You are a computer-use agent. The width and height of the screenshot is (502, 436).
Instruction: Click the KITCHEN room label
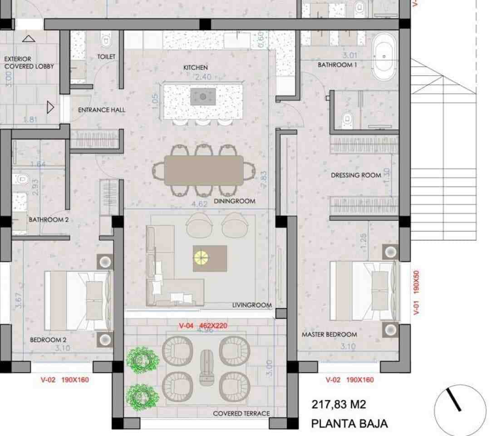[196, 68]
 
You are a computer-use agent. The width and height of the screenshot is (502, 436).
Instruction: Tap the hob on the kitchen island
[200, 96]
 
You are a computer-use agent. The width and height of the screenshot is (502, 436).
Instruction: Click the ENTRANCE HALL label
[102, 110]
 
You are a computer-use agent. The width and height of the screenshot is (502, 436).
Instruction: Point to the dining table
[204, 170]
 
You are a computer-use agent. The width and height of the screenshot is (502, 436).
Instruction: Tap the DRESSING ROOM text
[356, 175]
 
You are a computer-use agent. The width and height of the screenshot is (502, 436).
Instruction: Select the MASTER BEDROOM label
[329, 335]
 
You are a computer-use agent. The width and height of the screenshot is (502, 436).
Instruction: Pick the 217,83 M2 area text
[339, 404]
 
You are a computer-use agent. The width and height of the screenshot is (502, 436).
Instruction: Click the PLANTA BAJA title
[349, 424]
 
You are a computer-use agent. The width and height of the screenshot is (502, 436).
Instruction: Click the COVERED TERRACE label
[241, 413]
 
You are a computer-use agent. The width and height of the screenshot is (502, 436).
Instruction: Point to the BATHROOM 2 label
[49, 220]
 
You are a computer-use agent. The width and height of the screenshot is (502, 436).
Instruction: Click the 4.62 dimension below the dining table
[199, 204]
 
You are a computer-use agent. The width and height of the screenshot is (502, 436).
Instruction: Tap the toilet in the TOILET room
[106, 41]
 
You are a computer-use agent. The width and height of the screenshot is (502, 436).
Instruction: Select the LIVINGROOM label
[252, 305]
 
